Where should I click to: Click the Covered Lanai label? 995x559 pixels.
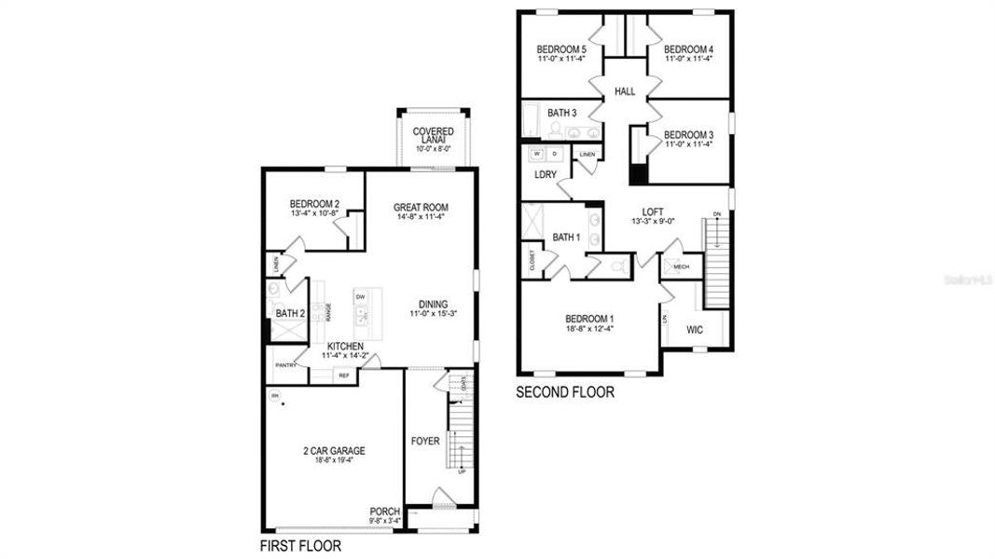pyautogui.click(x=433, y=136)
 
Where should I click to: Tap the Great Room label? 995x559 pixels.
pyautogui.click(x=421, y=208)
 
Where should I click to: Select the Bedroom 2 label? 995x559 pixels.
pyautogui.click(x=313, y=204)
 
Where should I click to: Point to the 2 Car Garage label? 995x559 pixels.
pyautogui.click(x=333, y=451)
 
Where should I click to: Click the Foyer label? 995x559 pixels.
pyautogui.click(x=425, y=440)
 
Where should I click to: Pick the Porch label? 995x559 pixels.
pyautogui.click(x=384, y=511)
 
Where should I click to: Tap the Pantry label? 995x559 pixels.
pyautogui.click(x=285, y=365)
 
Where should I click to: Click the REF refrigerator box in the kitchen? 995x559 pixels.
pyautogui.click(x=343, y=375)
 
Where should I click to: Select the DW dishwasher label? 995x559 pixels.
pyautogui.click(x=360, y=297)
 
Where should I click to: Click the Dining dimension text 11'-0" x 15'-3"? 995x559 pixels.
pyautogui.click(x=433, y=314)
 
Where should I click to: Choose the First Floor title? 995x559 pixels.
pyautogui.click(x=300, y=546)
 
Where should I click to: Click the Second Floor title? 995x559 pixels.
pyautogui.click(x=565, y=392)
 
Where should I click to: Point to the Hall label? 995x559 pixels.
pyautogui.click(x=625, y=91)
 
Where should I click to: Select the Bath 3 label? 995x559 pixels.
pyautogui.click(x=562, y=113)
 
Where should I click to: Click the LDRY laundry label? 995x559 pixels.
pyautogui.click(x=545, y=174)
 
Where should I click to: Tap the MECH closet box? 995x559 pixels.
pyautogui.click(x=680, y=266)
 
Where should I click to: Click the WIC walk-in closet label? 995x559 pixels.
pyautogui.click(x=695, y=329)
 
